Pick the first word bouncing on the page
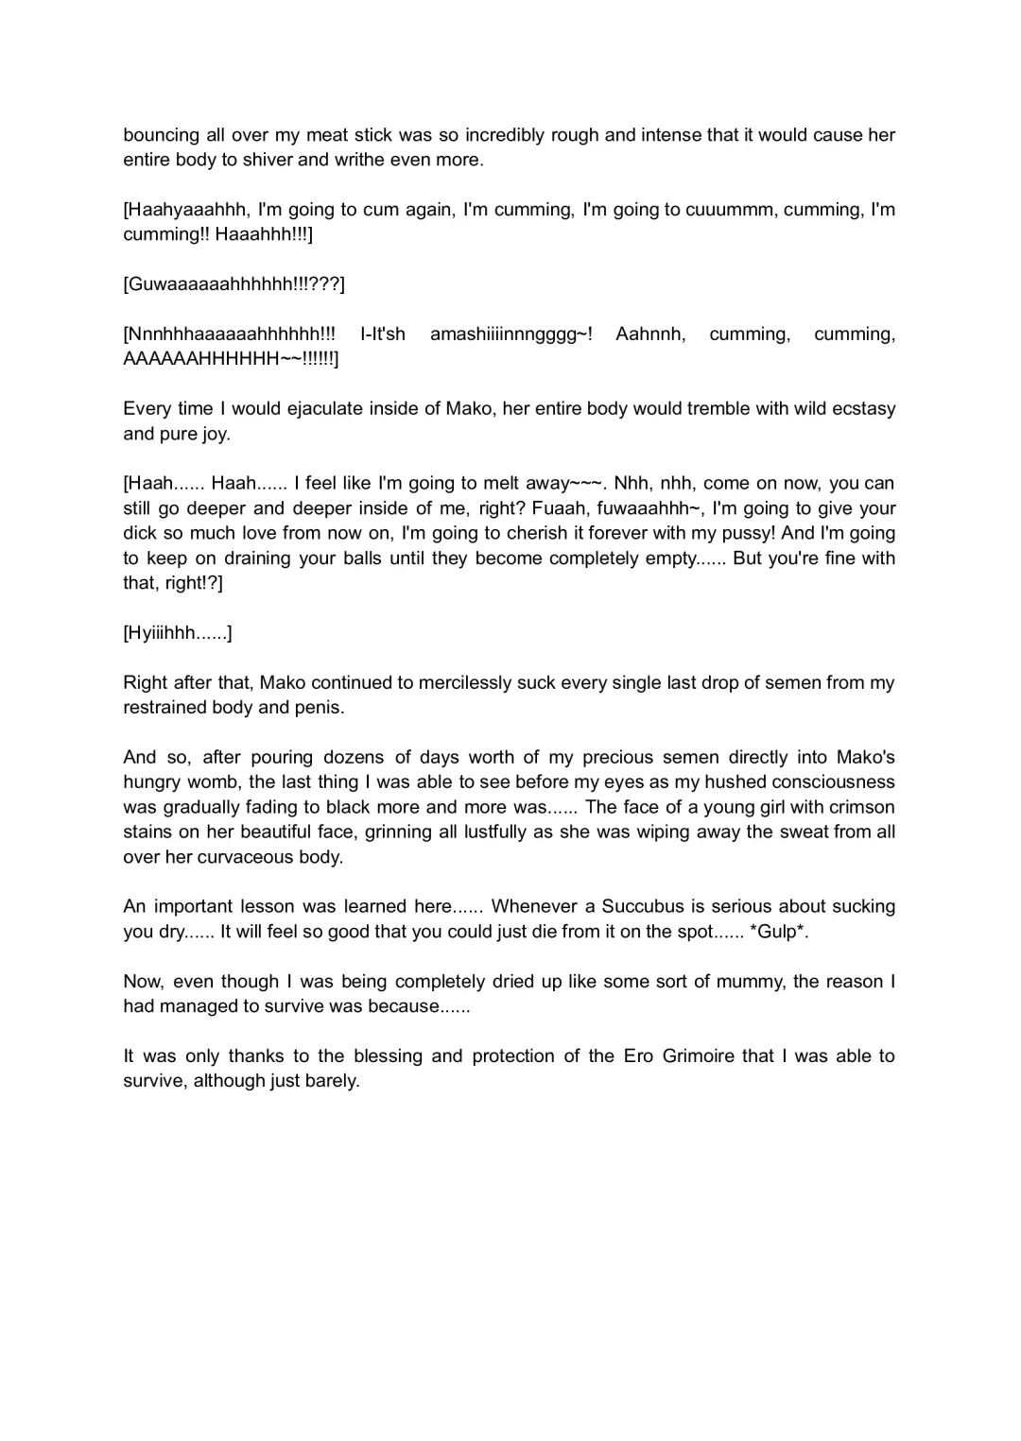(161, 134)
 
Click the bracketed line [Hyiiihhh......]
(178, 632)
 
